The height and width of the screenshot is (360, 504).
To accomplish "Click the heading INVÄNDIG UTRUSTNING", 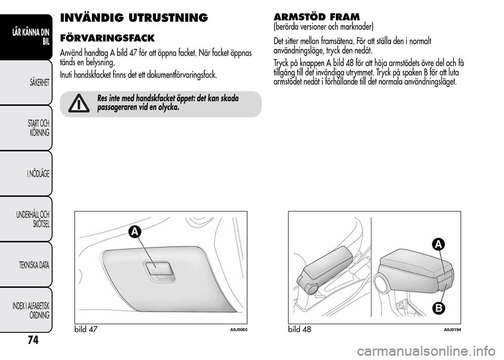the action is pos(134,18).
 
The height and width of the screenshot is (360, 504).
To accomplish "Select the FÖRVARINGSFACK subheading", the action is pos(107,38).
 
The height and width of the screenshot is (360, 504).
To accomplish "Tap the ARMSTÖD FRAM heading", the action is pos(317,16).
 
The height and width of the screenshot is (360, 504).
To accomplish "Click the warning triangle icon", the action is pos(79,103).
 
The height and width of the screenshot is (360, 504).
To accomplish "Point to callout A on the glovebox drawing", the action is pos(135,232).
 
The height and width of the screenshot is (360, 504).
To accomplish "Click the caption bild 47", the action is pos(86,329).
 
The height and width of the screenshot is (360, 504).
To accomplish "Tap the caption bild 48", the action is pos(300,329).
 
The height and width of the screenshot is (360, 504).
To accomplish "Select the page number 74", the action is pos(33,340).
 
